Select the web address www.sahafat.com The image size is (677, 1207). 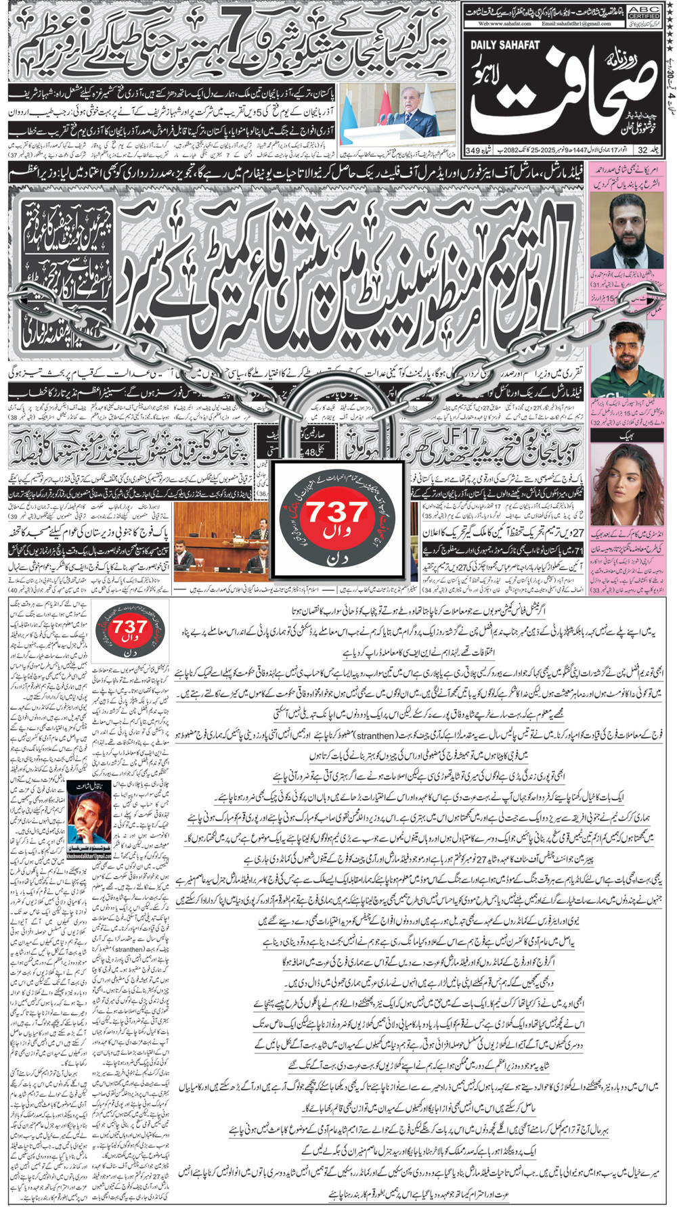[x=505, y=24]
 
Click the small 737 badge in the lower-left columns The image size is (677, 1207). [x=130, y=633]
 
